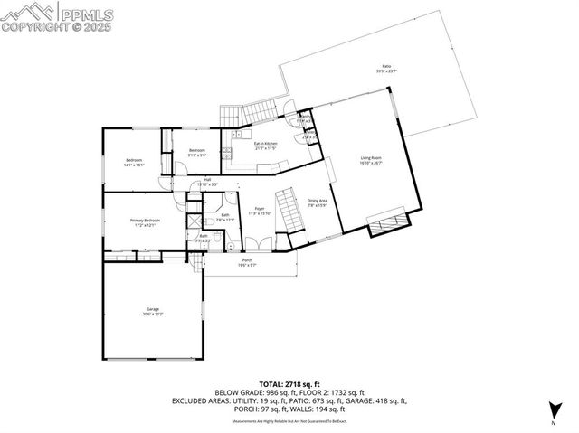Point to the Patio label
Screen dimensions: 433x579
click(x=386, y=68)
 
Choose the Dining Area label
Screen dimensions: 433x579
click(x=316, y=202)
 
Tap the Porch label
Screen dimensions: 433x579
click(x=246, y=262)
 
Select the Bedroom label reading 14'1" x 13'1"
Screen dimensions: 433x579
click(x=134, y=163)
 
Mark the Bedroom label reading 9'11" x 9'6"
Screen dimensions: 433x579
click(x=197, y=152)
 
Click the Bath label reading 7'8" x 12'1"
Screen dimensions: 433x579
click(x=225, y=217)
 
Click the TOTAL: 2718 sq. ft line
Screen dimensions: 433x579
click(x=289, y=384)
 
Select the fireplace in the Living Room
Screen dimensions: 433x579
click(x=390, y=222)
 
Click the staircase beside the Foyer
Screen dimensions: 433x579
click(x=289, y=209)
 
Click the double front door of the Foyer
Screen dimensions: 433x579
click(x=259, y=245)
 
